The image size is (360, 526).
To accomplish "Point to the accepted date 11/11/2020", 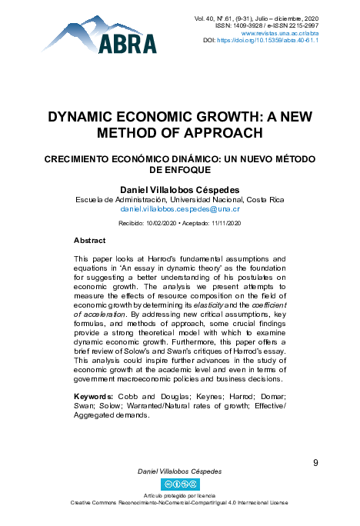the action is (225, 223).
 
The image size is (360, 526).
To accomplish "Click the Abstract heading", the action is (89, 241).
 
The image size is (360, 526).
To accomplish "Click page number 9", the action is (316, 462).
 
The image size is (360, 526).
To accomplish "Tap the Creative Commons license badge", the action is (178, 484).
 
